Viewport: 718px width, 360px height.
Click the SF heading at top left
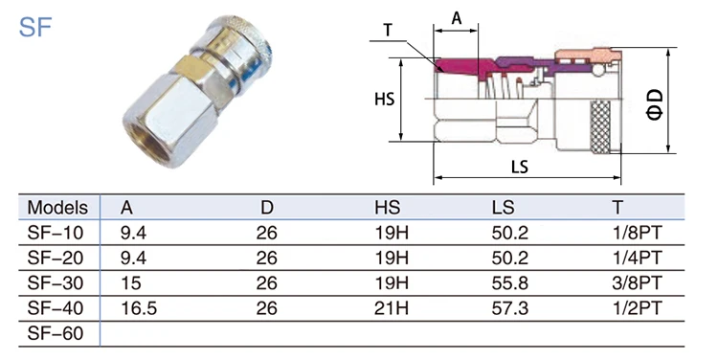pyautogui.click(x=35, y=27)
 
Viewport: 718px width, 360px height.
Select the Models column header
pyautogui.click(x=57, y=208)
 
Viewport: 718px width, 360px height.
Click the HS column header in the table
pyautogui.click(x=387, y=208)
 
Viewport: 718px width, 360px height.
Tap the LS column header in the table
pyautogui.click(x=503, y=208)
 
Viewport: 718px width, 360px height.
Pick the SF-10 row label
pyautogui.click(x=56, y=233)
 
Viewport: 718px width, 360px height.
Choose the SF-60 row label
pyautogui.click(x=56, y=333)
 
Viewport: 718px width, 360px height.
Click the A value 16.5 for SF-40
pyautogui.click(x=139, y=308)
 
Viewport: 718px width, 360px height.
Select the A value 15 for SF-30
pyautogui.click(x=130, y=283)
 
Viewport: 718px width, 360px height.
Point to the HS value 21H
pyautogui.click(x=391, y=308)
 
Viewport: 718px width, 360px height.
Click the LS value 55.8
pyautogui.click(x=509, y=283)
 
